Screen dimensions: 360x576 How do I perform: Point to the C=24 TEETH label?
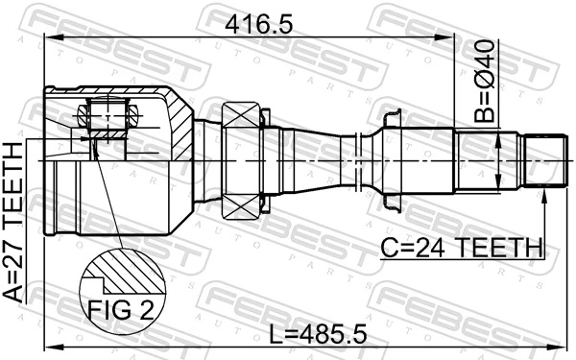[462, 248]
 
